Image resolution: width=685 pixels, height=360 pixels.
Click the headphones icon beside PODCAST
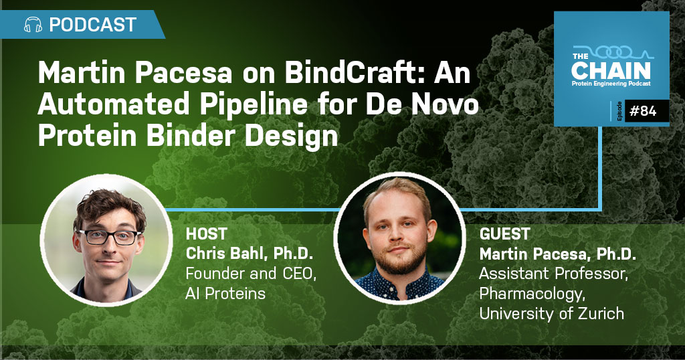click(x=33, y=25)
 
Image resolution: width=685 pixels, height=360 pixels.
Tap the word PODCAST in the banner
click(x=93, y=25)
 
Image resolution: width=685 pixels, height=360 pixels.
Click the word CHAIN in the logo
click(x=611, y=70)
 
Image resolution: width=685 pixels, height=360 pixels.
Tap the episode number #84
click(x=643, y=111)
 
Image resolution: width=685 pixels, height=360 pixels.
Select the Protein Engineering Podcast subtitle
click(x=611, y=84)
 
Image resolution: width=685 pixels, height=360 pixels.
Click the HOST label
click(x=206, y=234)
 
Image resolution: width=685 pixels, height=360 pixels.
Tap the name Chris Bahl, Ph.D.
click(x=250, y=254)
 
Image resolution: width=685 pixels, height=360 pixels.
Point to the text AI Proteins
click(x=225, y=294)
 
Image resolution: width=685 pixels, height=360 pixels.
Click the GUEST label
click(x=504, y=234)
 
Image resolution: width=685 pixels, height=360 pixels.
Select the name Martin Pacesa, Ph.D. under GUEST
click(x=557, y=254)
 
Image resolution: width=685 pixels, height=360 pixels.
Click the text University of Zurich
click(x=551, y=313)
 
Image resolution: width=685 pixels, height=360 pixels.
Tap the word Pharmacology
click(x=532, y=294)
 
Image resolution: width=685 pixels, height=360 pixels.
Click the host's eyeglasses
click(x=108, y=237)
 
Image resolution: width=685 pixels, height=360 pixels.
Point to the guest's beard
click(x=401, y=258)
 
